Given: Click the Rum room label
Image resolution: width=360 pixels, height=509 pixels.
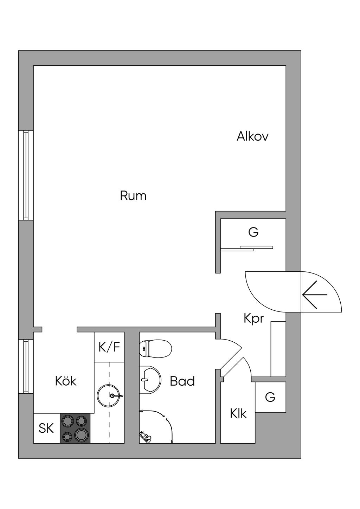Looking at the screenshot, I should [x=133, y=195].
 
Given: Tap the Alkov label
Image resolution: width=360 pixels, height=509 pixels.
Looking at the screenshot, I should [x=252, y=136].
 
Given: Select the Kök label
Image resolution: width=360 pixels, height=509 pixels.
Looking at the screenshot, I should [x=66, y=381].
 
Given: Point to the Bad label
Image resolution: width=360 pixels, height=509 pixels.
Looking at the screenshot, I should [x=182, y=381].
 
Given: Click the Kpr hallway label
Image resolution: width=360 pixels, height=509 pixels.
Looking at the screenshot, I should [x=253, y=318].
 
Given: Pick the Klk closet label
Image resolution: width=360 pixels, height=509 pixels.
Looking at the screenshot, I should [x=238, y=413].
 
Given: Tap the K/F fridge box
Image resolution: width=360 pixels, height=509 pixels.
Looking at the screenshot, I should [x=109, y=347].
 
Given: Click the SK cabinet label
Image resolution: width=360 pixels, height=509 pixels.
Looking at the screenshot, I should [x=46, y=428].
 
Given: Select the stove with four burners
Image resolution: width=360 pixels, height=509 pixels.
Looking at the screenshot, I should [x=75, y=428].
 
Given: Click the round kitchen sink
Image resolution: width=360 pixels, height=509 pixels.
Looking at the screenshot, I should [x=109, y=396].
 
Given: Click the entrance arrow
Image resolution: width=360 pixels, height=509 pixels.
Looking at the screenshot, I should [x=315, y=295].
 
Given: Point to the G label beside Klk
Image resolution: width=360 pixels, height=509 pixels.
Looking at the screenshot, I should [x=270, y=397].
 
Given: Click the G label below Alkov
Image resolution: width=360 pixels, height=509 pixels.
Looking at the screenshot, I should [x=253, y=232].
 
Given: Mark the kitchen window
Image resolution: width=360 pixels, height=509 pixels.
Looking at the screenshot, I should [x=26, y=367].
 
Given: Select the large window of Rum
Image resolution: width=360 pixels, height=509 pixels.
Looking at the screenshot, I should [x=26, y=175].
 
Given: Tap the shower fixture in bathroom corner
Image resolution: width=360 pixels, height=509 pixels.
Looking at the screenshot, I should [x=144, y=436].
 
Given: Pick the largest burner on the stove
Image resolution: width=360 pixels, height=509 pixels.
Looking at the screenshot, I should [x=82, y=434].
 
